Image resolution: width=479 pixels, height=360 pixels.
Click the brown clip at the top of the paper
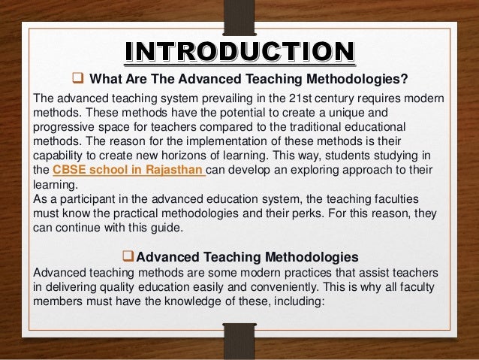click(x=239, y=14)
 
